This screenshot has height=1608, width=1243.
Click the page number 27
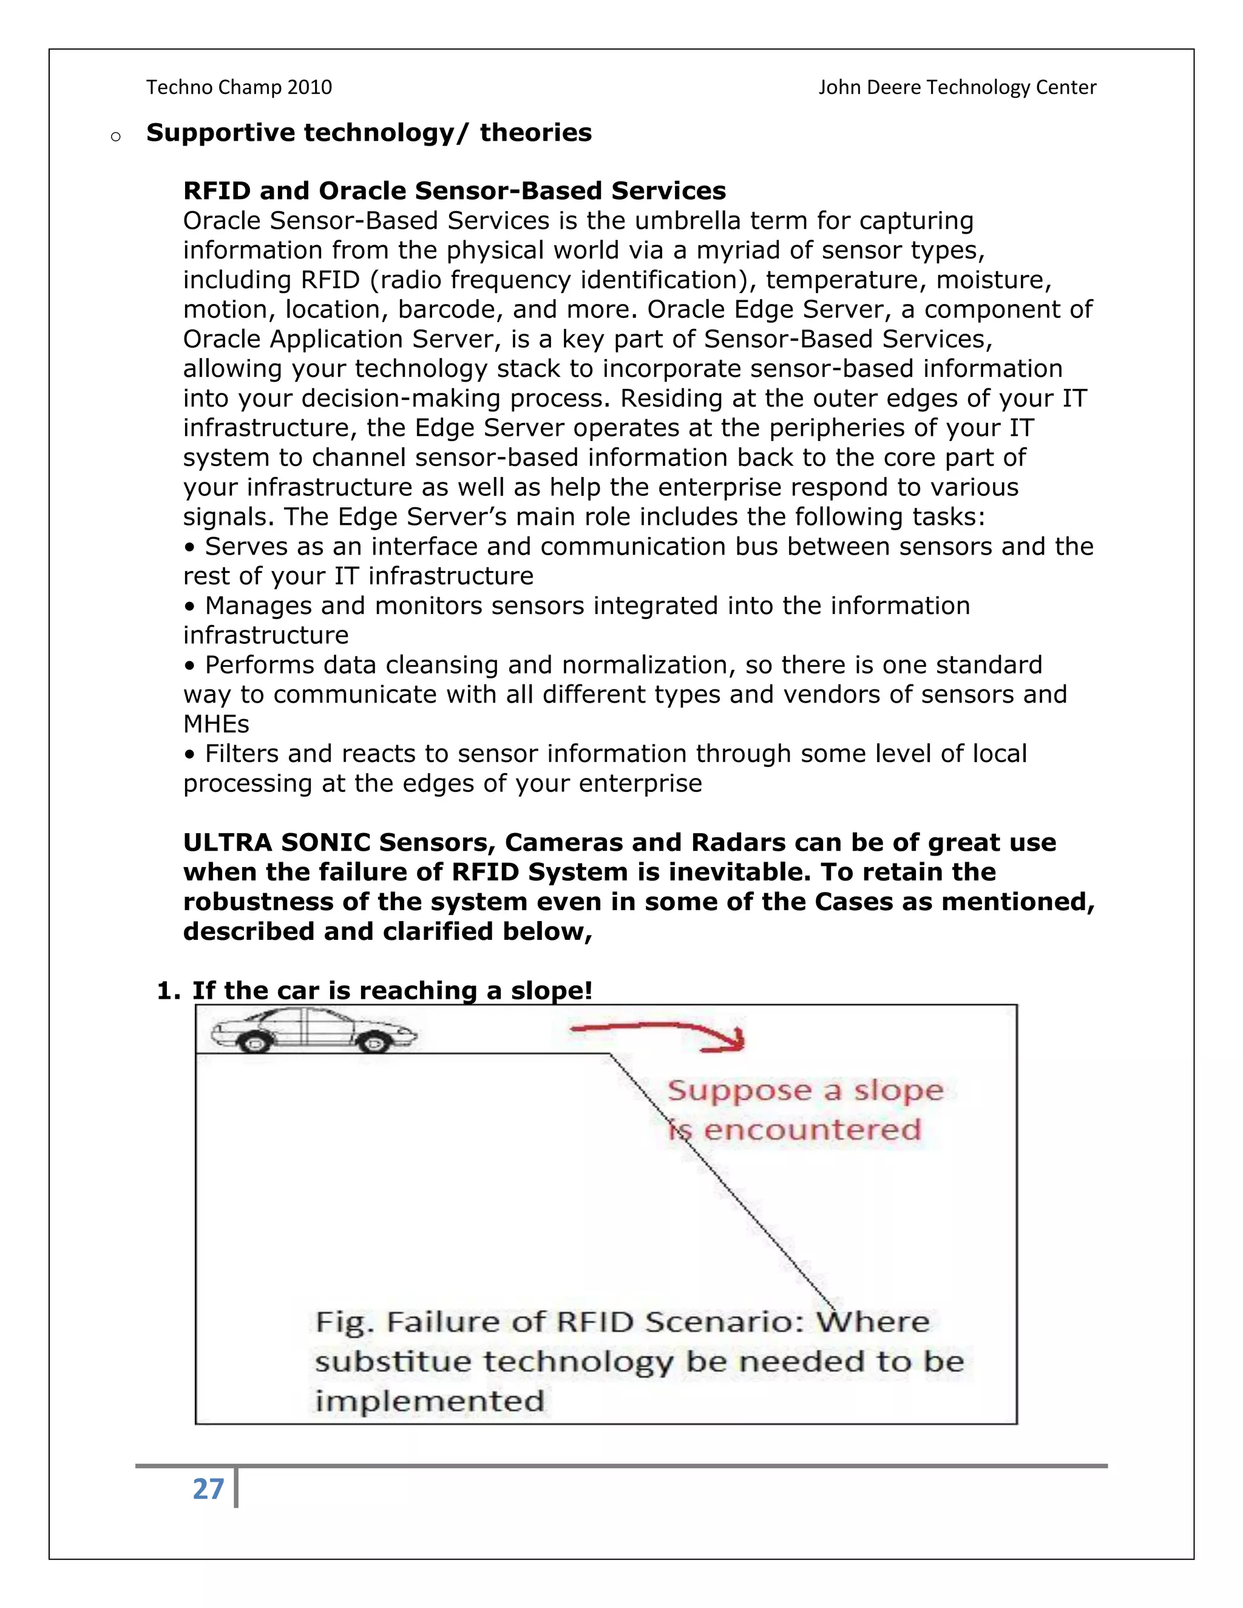click(x=208, y=1488)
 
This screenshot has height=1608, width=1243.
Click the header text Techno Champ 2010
click(x=239, y=87)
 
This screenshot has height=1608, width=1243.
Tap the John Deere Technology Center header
click(x=957, y=87)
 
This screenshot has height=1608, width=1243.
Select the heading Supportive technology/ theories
click(x=368, y=132)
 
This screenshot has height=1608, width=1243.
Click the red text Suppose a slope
click(x=805, y=1090)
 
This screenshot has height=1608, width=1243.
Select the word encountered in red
click(x=811, y=1129)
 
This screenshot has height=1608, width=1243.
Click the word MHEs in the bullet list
click(x=215, y=724)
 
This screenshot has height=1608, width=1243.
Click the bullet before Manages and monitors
click(x=190, y=607)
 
